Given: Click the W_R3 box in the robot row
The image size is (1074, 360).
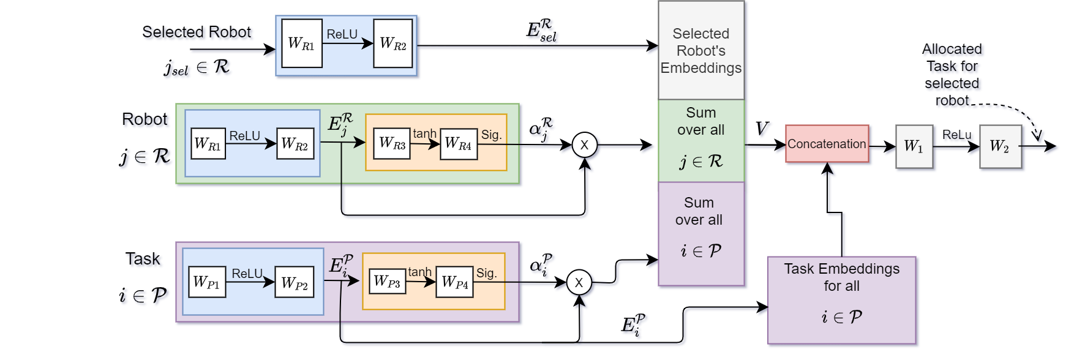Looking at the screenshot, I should coord(392,144).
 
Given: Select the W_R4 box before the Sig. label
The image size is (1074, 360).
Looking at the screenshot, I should coord(459,144).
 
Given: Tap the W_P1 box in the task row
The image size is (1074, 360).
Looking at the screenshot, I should coord(207,282).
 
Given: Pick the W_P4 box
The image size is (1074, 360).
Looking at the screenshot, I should coord(454,282).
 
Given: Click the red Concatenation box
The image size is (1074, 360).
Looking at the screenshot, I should coord(827,144).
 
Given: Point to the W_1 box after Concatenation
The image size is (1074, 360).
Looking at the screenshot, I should coord(914,146).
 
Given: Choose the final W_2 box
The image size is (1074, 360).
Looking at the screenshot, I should coord(1000,146).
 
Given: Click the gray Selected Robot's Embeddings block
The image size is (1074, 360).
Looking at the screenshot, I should coord(701,51).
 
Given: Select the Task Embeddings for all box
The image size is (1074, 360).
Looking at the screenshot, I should coord(841,300).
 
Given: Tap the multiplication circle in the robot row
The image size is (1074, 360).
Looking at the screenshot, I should coord(584,145).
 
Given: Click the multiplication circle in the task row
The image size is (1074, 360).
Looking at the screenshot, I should coord(579,283).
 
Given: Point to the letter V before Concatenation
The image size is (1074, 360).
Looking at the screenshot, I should coord(761,129).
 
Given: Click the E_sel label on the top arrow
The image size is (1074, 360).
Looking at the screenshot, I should coord(541,31).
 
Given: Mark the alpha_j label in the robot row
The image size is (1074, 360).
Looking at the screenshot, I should coord(540,129).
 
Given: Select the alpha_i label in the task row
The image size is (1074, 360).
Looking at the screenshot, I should coord(541,266).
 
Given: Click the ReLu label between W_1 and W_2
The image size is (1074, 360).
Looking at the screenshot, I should coord(956,135).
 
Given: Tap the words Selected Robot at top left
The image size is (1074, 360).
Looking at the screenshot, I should coord(197,32).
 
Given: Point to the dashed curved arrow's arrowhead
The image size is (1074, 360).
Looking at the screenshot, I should coord(1037,135).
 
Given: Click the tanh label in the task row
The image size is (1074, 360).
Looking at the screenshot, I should coord(420,272).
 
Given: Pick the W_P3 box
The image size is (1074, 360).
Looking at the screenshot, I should coord(388,282).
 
